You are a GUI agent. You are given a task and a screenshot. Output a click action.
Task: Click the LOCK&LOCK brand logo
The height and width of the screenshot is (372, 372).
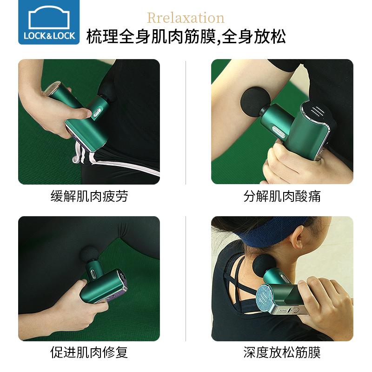49,22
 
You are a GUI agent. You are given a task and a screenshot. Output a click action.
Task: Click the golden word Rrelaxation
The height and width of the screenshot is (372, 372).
186,18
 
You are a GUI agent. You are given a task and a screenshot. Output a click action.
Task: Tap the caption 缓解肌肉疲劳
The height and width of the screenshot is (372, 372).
89,196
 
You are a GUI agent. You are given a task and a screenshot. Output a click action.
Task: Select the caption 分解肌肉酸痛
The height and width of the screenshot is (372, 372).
282,196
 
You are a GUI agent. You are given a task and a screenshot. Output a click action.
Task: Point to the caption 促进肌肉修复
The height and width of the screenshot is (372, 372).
89,352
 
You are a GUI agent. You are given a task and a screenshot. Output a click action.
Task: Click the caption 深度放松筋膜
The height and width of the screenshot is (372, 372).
282,352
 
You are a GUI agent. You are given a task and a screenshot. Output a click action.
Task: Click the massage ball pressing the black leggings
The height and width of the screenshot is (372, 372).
89,254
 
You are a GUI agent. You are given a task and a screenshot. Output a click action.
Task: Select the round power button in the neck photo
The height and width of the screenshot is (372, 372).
296,310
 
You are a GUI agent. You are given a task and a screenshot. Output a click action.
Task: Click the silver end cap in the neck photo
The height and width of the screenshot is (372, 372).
265,299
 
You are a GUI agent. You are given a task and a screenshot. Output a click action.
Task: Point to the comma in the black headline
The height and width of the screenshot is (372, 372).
219,42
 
